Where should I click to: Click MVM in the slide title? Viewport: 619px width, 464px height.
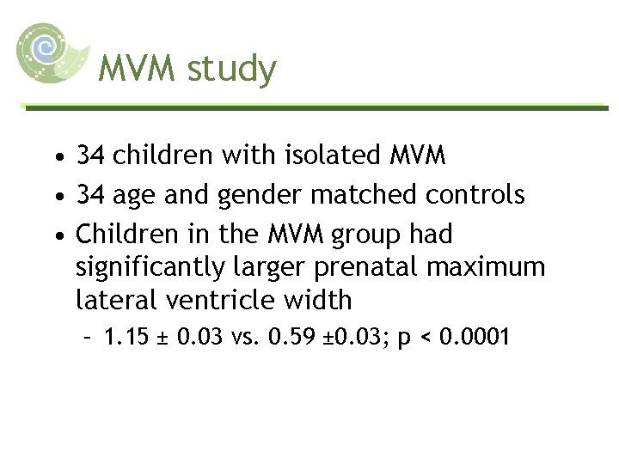[138, 69]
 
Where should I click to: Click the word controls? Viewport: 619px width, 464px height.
[473, 195]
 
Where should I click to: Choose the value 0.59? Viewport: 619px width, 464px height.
[291, 337]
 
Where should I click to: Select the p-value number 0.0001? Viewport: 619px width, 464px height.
[475, 337]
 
